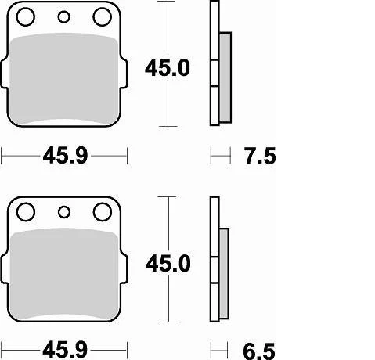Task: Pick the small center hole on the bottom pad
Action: tap(65, 211)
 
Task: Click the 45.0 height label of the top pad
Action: tap(167, 68)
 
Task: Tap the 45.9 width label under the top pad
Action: tap(63, 158)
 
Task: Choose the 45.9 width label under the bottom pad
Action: tap(63, 346)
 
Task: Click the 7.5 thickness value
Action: tap(259, 158)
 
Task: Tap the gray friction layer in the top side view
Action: tap(223, 78)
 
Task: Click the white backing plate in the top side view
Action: tap(214, 63)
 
